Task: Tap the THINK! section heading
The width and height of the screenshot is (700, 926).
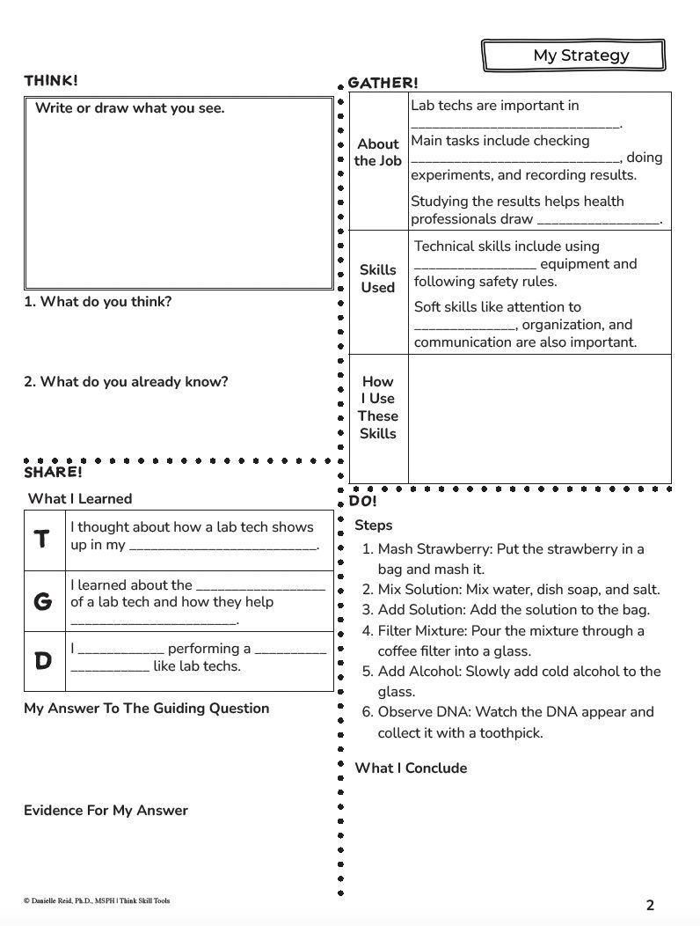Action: pos(51,81)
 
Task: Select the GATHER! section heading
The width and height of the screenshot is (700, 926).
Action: pos(383,83)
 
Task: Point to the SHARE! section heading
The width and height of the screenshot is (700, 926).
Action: pos(53,473)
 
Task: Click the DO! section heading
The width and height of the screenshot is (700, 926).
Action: pos(362,501)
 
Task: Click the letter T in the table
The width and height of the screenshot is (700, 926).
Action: pos(42,540)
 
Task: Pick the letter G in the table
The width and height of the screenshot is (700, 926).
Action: pos(42,602)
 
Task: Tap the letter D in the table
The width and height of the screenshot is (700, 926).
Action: pos(42,660)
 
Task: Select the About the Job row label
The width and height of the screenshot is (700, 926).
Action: pos(378,152)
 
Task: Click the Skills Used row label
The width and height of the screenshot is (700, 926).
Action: pos(378,278)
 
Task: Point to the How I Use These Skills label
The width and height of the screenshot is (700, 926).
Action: pos(378,408)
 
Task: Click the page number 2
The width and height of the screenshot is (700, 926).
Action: pos(650,905)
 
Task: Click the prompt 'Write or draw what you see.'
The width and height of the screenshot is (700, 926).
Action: pos(130,108)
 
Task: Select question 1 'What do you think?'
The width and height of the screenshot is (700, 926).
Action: pos(98,302)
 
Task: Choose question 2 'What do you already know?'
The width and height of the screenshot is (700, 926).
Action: pos(126,382)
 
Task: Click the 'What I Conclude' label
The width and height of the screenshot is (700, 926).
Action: pos(411,768)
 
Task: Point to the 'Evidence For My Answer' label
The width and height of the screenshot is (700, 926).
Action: pos(106,811)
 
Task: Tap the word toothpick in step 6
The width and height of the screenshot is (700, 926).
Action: pos(509,733)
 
